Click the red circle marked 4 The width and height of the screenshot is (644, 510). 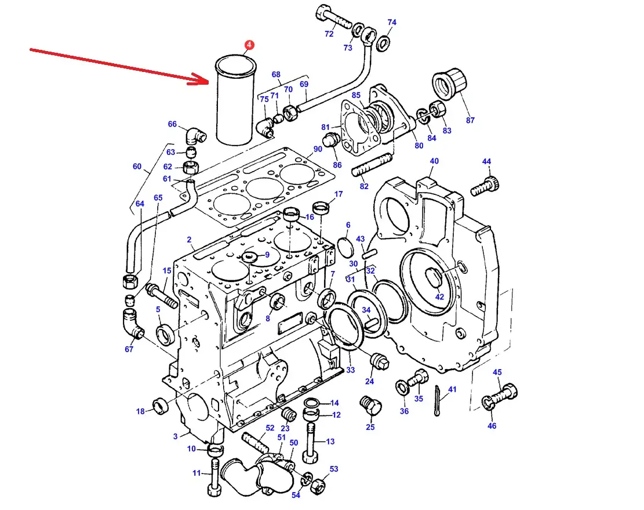249,45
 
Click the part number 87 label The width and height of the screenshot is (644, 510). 470,120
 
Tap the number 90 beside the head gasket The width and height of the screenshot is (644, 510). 318,149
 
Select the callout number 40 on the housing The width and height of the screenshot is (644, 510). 434,161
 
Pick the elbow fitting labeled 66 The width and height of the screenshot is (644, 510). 195,137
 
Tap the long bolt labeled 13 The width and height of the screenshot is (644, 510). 313,442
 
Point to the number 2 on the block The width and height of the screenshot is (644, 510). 189,239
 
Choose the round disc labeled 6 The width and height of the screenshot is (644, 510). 345,247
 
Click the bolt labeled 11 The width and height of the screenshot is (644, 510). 214,478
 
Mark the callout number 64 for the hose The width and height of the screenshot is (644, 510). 140,204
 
